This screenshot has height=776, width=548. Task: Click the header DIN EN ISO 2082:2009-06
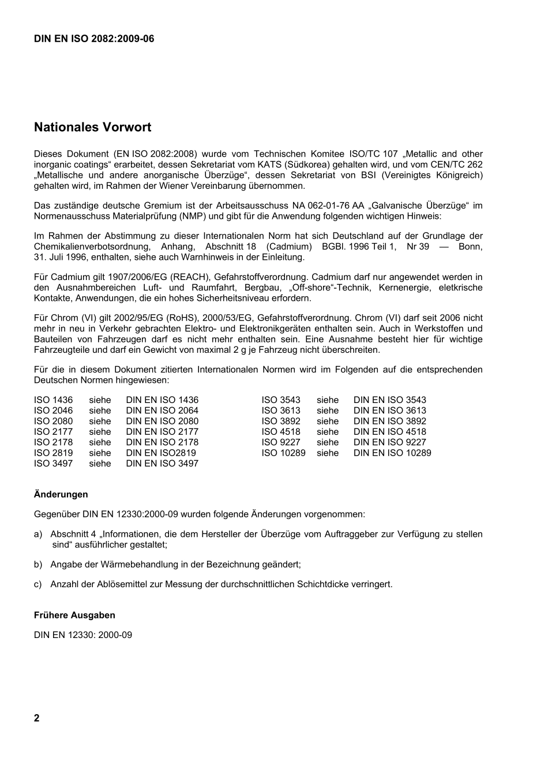[94, 39]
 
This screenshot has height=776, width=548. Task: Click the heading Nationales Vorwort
[92, 127]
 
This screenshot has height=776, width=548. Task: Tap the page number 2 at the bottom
[37, 718]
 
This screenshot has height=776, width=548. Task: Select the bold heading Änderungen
[61, 494]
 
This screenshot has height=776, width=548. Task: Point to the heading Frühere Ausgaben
[74, 615]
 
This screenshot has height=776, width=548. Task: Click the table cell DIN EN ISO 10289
[392, 453]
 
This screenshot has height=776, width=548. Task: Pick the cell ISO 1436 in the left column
[54, 400]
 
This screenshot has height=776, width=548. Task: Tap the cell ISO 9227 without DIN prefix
[281, 443]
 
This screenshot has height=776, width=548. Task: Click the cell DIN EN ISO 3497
[162, 464]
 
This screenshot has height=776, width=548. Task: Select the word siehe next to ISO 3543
[328, 400]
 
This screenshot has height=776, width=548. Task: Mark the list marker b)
[38, 565]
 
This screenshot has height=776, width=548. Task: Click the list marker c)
[38, 584]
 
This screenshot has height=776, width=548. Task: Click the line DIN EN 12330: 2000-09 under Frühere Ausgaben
[83, 635]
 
